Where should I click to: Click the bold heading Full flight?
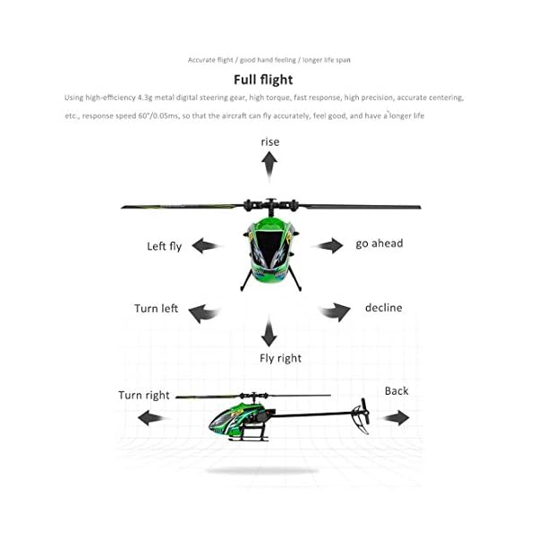[x=268, y=80]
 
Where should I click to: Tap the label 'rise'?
[x=269, y=141]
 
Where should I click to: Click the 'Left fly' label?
[x=165, y=246]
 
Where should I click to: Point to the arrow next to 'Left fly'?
[x=206, y=245]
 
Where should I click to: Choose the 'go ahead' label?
[x=379, y=243]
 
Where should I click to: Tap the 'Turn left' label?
[x=157, y=309]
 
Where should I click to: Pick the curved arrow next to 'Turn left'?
[x=203, y=311]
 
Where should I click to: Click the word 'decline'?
[x=383, y=308]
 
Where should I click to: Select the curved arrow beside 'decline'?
[x=335, y=311]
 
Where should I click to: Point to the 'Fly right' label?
[x=280, y=358]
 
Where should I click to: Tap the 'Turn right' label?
[x=144, y=395]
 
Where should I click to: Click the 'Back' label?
[x=396, y=391]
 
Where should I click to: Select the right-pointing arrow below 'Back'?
[x=396, y=418]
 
